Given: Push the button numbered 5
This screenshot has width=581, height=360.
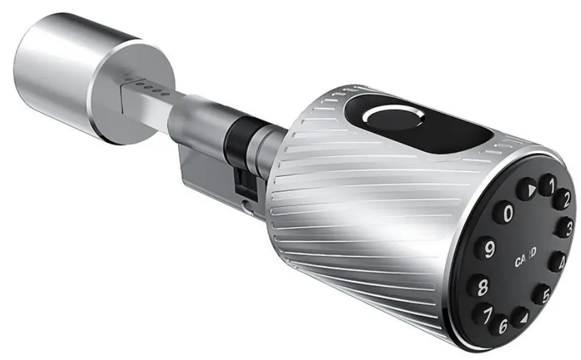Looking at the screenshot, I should [x=542, y=294].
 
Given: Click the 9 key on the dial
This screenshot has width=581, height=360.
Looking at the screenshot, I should [x=489, y=250].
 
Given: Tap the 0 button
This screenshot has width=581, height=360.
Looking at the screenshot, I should [x=508, y=214].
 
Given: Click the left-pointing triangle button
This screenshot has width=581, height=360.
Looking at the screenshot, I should [x=520, y=317].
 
